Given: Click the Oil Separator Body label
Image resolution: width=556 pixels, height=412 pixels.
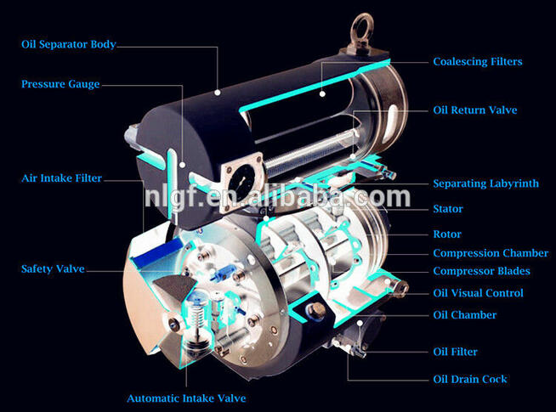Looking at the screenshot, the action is tap(68, 44).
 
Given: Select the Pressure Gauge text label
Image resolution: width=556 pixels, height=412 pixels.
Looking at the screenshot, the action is tap(60, 84).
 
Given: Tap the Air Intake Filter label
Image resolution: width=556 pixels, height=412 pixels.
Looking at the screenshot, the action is tap(61, 178).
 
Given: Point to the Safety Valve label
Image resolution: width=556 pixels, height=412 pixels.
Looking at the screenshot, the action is tap(53, 268).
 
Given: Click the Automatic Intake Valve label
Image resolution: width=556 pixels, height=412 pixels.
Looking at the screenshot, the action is tap(186, 398).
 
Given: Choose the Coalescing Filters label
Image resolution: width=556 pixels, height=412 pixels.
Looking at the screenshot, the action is tap(478, 62).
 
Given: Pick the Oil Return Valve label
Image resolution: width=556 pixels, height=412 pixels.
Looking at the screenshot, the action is tap(474, 110).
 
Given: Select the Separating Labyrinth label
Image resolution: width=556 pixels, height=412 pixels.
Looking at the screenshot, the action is tap(485, 183).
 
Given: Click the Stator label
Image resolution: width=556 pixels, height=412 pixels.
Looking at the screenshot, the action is tap(448, 209).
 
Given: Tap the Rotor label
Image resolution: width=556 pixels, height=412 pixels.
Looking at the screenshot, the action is tap(447, 234).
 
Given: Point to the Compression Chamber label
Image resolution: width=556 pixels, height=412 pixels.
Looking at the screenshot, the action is tap(491, 253).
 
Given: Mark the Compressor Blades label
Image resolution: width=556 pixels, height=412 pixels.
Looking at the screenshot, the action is tap(481, 271).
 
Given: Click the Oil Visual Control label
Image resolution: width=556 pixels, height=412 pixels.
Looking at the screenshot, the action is tap(478, 293).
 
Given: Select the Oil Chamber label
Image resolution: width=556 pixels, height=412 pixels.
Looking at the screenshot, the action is tap(464, 315).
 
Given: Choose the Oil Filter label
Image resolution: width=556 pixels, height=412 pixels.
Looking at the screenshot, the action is tap(455, 352).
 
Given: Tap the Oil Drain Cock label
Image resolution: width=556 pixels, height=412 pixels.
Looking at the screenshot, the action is tap(470, 379).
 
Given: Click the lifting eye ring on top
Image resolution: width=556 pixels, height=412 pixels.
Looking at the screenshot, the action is tap(361, 19).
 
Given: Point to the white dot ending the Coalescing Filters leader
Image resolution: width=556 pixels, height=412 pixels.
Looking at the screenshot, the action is tap(322, 94).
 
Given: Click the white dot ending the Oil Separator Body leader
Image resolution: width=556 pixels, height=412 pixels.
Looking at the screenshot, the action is tap(218, 93).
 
